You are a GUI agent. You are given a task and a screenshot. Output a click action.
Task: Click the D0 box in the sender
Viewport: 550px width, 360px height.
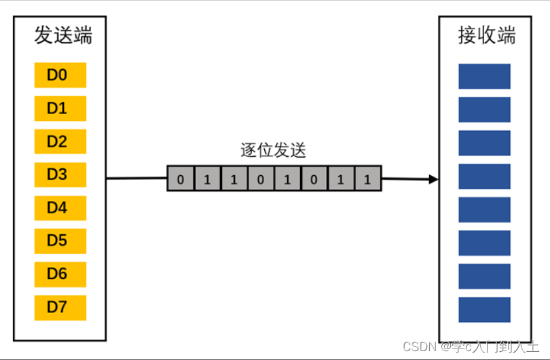(60, 75)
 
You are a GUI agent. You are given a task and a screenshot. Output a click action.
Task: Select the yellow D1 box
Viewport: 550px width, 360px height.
(60, 109)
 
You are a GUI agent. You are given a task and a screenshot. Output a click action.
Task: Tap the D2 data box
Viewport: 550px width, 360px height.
(60, 142)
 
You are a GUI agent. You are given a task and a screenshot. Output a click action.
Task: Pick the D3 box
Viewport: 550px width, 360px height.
(60, 175)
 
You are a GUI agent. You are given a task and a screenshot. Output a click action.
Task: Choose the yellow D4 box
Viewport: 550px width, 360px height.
(60, 209)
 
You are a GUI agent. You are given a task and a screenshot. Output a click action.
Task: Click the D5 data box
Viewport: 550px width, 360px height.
(60, 241)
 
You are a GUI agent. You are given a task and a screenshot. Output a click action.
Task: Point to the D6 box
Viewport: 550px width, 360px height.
(60, 274)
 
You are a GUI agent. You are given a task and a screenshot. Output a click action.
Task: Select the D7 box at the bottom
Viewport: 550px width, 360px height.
(60, 308)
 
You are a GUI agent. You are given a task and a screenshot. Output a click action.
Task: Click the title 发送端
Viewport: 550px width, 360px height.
(62, 36)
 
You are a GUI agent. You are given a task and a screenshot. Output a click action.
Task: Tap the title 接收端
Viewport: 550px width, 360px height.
(486, 36)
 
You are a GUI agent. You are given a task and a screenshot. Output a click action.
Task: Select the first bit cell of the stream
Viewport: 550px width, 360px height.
(181, 180)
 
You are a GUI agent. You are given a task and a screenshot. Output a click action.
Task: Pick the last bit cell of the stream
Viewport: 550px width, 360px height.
(367, 180)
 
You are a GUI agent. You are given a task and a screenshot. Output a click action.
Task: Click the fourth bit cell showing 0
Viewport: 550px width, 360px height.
(261, 180)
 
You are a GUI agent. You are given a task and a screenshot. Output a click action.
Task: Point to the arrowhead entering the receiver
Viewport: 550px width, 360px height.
(433, 180)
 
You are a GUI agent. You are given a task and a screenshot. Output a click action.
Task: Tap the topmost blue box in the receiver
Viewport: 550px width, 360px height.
(484, 76)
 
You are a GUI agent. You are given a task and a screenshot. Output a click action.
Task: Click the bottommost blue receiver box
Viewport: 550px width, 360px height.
(484, 309)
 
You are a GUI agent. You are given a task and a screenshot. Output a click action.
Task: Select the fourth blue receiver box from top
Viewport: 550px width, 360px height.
(484, 176)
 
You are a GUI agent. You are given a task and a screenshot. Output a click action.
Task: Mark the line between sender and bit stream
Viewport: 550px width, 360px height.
(136, 179)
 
